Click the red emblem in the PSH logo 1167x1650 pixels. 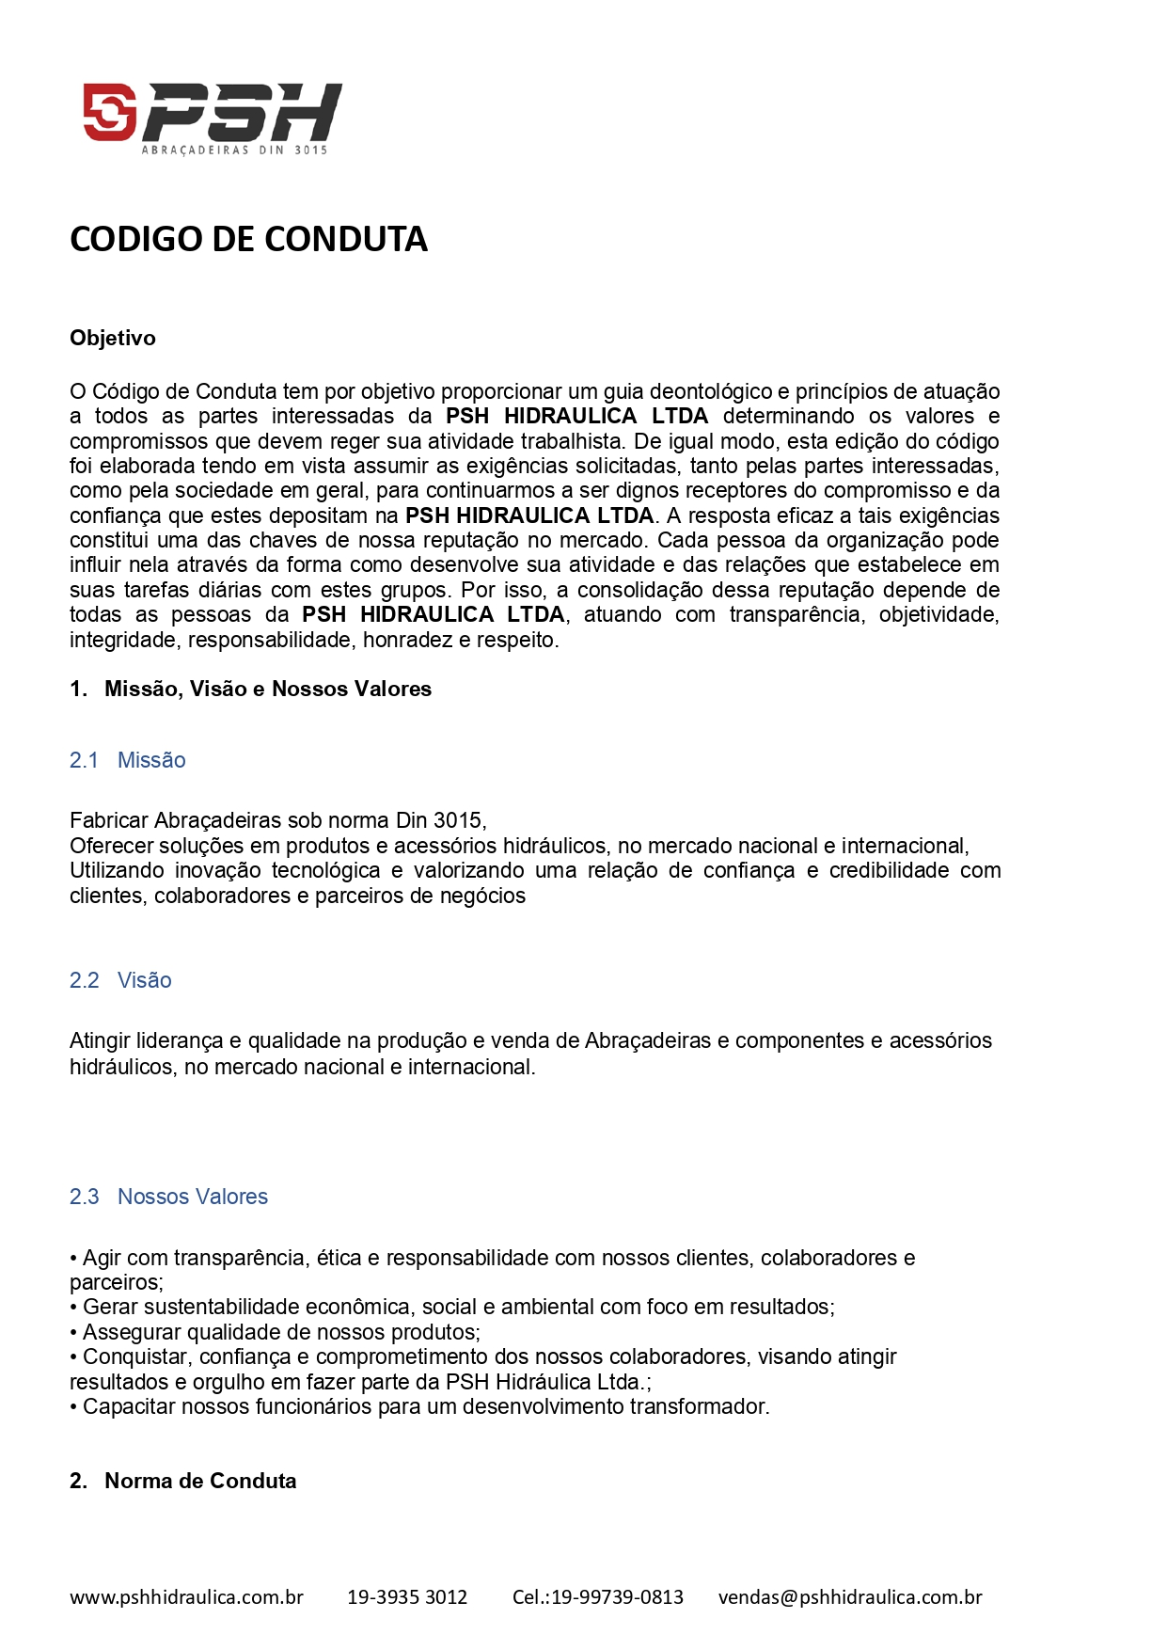pos(110,112)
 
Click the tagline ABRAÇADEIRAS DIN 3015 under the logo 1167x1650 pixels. pos(234,151)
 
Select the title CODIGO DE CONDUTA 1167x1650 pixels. pos(248,239)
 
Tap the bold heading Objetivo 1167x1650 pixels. pos(113,339)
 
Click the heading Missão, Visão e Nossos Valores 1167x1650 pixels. pos(268,690)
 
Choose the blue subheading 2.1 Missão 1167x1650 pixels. pos(128,760)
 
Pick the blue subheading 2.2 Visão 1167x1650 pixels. pos(121,980)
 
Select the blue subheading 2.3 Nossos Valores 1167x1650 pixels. pos(169,1197)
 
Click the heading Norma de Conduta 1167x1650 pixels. pos(200,1481)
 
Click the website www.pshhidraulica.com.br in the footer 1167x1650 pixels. pos(186,1596)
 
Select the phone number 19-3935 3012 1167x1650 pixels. pos(407,1596)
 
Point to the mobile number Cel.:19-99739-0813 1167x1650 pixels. pos(598,1596)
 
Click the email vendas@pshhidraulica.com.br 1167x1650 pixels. pos(850,1596)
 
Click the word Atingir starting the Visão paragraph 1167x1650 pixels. pos(99,1041)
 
